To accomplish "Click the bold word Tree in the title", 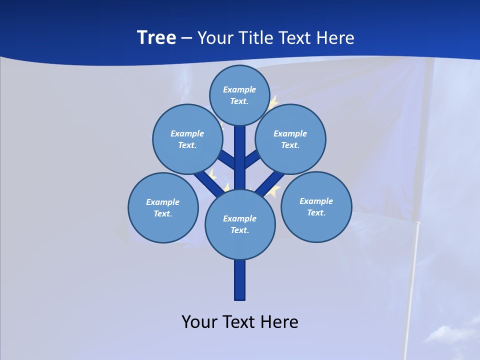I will click(x=156, y=38).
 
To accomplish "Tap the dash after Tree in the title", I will click(x=186, y=38).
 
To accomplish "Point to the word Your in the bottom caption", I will click(x=199, y=322).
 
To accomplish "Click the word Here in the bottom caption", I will click(x=278, y=322).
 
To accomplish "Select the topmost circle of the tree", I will click(x=239, y=95).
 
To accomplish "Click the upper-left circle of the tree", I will click(x=187, y=139).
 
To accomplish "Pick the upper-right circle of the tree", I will click(x=290, y=139).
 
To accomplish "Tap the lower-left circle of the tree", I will click(x=163, y=207).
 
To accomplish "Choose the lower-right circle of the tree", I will click(x=316, y=206).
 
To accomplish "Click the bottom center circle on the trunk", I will click(x=240, y=224).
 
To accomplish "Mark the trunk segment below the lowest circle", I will click(x=240, y=280).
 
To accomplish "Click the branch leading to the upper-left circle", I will click(x=228, y=160).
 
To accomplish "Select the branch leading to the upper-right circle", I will click(x=252, y=160).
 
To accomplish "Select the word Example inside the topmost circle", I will click(x=239, y=89).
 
